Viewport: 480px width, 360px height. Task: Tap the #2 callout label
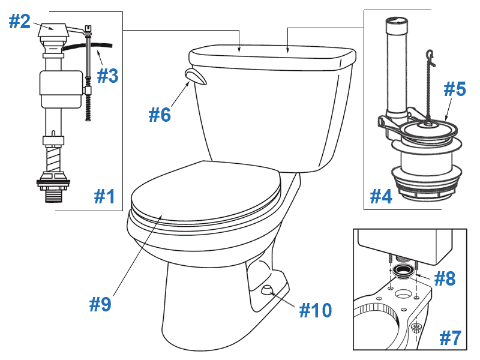[x=19, y=22]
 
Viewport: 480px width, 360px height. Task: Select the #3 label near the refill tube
[x=108, y=76]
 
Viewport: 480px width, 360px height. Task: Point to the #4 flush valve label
[x=380, y=196]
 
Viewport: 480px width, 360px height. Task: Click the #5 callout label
[x=455, y=89]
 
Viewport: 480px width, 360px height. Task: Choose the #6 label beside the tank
[x=160, y=115]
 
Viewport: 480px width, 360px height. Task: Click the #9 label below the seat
[x=100, y=305]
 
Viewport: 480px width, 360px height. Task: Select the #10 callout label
[x=315, y=310]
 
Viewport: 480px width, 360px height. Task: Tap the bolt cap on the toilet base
[x=265, y=291]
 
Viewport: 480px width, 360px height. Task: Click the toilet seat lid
[x=204, y=189]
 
